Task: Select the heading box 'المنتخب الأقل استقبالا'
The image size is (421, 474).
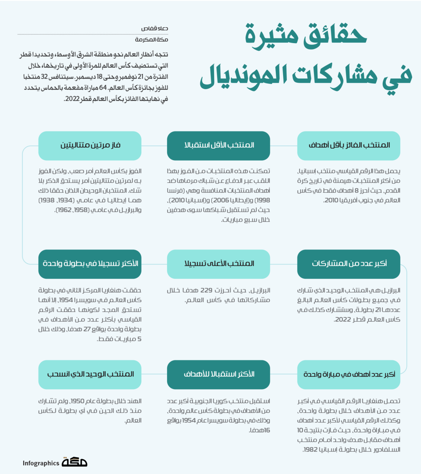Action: [219, 145]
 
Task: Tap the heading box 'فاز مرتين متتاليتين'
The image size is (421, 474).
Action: [90, 145]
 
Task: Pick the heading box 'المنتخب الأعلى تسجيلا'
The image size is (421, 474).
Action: [219, 264]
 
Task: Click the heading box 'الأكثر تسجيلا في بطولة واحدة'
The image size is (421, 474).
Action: [90, 264]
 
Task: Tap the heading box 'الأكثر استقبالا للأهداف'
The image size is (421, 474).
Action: [219, 374]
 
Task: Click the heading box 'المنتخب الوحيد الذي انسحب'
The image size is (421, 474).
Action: [90, 374]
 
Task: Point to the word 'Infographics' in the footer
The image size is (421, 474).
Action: [41, 463]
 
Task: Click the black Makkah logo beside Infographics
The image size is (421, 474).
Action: [75, 462]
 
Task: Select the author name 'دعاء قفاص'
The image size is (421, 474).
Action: [155, 28]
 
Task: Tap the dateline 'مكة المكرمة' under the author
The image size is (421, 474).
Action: [152, 40]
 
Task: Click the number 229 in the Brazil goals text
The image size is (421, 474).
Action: [206, 290]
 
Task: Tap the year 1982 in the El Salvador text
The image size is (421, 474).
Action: [310, 449]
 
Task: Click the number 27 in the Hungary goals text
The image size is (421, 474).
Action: [87, 329]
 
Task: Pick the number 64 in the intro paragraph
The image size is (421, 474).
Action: [103, 88]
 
